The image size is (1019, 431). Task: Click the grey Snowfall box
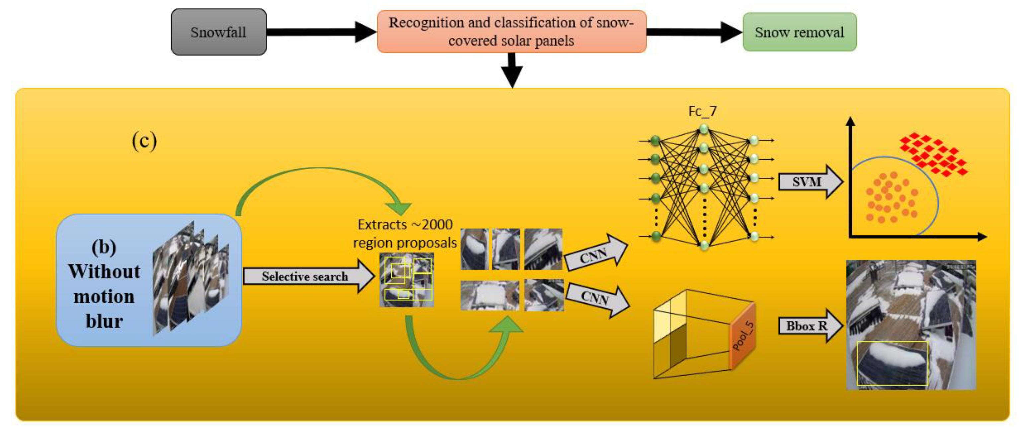click(218, 32)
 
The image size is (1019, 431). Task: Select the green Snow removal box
click(799, 32)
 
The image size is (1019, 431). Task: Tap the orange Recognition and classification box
click(511, 32)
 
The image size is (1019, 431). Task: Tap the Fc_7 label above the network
click(702, 111)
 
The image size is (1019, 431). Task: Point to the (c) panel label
click(144, 141)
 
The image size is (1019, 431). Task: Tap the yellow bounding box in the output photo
click(892, 363)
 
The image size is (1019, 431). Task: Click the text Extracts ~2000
click(405, 225)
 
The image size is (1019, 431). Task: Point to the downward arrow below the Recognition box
click(512, 71)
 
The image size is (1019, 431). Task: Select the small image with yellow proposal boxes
click(407, 280)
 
